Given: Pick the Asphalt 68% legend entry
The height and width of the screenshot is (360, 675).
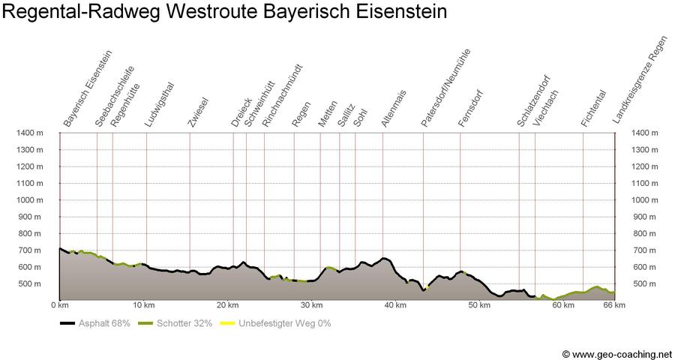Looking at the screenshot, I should (x=96, y=323).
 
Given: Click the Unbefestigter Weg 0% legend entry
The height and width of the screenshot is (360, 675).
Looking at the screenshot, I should (x=277, y=323).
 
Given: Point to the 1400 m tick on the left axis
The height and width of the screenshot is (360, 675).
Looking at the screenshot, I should (x=30, y=133).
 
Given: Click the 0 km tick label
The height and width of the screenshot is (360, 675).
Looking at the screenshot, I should (x=59, y=306).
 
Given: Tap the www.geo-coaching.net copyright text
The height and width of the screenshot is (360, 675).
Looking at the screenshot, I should (x=616, y=353).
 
